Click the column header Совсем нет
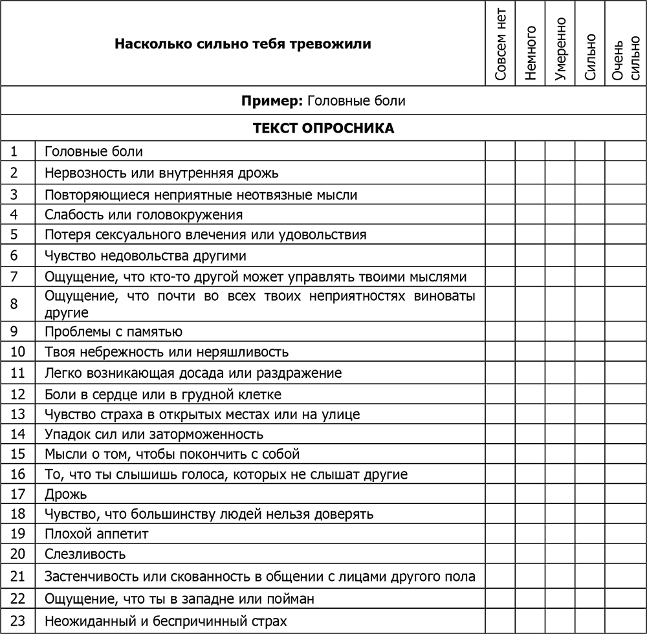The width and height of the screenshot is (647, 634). pyautogui.click(x=500, y=44)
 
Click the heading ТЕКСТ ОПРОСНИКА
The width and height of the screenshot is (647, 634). pyautogui.click(x=323, y=128)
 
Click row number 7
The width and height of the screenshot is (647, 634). pyautogui.click(x=14, y=277)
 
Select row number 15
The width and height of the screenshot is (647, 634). pyautogui.click(x=17, y=454)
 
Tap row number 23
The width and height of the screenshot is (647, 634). pyautogui.click(x=17, y=622)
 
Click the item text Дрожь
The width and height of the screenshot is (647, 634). pyautogui.click(x=65, y=495)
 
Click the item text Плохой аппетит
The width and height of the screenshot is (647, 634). pyautogui.click(x=96, y=534)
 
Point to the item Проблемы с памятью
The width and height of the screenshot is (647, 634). pyautogui.click(x=113, y=332)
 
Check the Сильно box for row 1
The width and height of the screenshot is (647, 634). pyautogui.click(x=590, y=151)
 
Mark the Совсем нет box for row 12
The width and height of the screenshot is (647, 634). pyautogui.click(x=500, y=394)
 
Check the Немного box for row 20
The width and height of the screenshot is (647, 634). pyautogui.click(x=530, y=554)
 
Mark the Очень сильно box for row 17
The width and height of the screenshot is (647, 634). pyautogui.click(x=626, y=495)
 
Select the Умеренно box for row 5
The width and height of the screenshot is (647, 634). pyautogui.click(x=560, y=235)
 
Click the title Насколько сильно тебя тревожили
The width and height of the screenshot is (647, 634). pyautogui.click(x=243, y=44)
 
